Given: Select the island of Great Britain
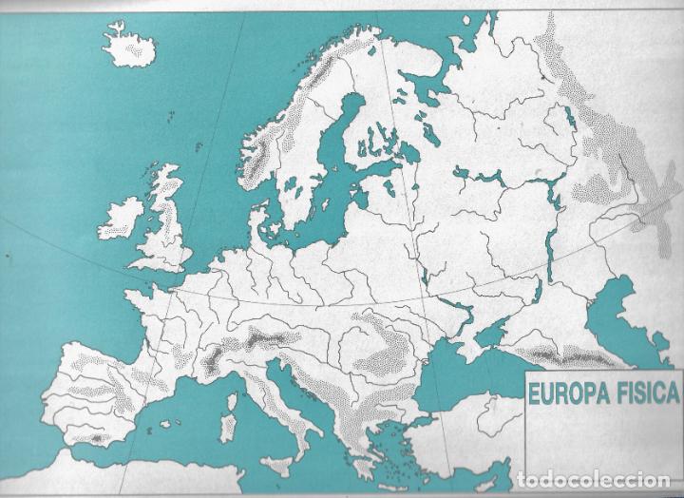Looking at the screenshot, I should pos(167,223).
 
